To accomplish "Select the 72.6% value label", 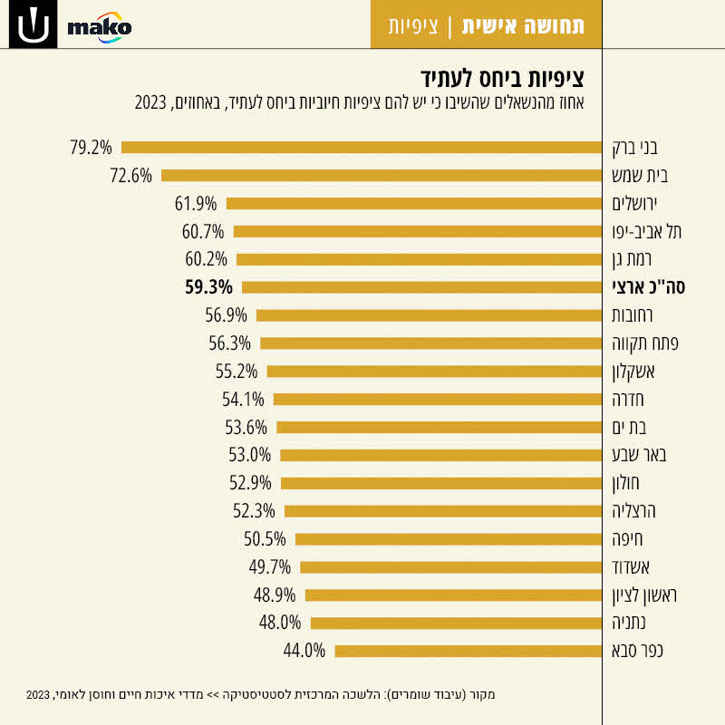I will point(130,175).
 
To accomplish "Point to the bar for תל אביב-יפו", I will point(417,231).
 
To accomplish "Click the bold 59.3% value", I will point(208,287).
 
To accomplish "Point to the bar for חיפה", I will point(448,539).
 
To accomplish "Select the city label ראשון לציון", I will point(645,595).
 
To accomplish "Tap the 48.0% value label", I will point(279,623).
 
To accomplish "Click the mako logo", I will point(100,27).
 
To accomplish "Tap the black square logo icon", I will point(32,25).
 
